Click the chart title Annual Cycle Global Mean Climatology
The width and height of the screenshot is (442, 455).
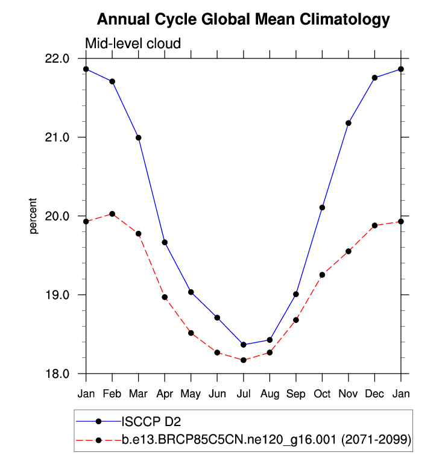[244, 19]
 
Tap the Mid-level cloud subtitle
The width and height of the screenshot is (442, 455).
[133, 43]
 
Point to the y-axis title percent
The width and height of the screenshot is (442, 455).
[34, 216]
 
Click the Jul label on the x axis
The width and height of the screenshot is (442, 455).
[244, 394]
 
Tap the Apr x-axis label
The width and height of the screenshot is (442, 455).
[165, 394]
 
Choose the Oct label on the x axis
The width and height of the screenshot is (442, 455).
[322, 394]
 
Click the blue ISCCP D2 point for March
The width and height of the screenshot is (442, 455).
[139, 137]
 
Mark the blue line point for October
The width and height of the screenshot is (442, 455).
[322, 207]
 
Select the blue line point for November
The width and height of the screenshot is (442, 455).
[349, 123]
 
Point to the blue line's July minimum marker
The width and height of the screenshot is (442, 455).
[244, 345]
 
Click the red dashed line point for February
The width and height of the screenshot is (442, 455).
[112, 214]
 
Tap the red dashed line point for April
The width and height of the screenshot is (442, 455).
[165, 297]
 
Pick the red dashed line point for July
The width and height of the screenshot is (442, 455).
[244, 360]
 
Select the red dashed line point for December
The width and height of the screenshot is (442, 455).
[374, 225]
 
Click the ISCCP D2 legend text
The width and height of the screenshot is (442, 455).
[151, 421]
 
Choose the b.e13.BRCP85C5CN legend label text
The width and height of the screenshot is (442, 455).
[266, 440]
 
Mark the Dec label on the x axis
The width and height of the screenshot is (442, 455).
[374, 394]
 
